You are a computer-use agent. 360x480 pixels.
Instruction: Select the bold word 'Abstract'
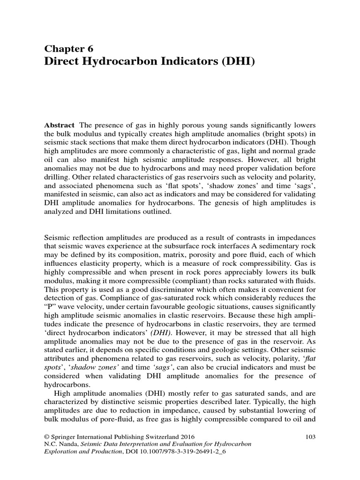pyautogui.click(x=59, y=125)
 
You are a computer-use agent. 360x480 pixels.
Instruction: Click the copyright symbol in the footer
pyautogui.click(x=46, y=436)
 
